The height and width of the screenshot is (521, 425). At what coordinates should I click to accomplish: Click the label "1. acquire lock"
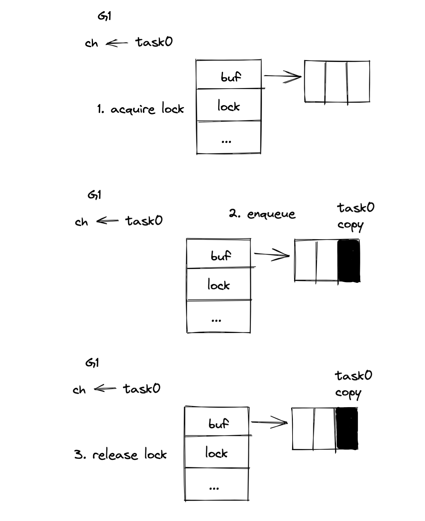coord(140,109)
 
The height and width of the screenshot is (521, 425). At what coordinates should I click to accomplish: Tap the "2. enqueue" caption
coord(262,214)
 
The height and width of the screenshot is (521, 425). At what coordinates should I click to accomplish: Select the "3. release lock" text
coord(120,455)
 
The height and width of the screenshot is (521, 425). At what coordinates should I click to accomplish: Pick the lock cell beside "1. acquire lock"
coord(229,105)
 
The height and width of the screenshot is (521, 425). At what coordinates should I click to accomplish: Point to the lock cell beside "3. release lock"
coord(217,452)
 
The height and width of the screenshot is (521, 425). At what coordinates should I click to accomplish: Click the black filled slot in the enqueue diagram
coord(348,261)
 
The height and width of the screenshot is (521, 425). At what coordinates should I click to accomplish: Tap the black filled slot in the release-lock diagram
coord(347,428)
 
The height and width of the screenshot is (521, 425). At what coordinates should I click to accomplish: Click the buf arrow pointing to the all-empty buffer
coord(282,76)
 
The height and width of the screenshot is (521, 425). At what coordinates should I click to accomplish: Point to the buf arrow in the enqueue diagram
coord(272,255)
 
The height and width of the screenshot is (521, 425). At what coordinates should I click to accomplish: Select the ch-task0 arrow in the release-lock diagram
coord(105,388)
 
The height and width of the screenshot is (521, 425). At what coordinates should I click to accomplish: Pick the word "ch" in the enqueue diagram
coord(81,222)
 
